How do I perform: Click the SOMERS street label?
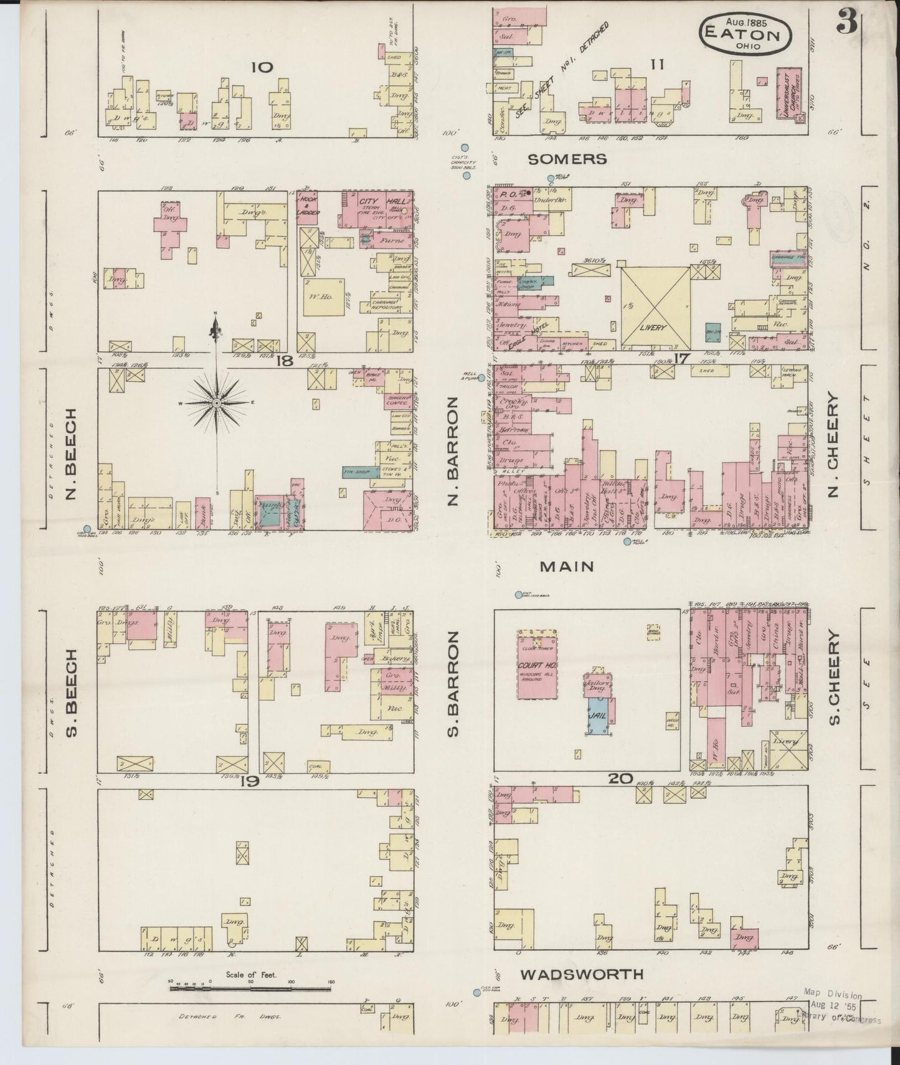point(567,159)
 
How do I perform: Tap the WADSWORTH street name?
point(582,974)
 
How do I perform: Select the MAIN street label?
point(567,567)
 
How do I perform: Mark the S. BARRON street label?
point(453,683)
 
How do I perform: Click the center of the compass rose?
point(216,404)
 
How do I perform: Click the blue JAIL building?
point(599,716)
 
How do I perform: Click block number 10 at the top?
point(262,67)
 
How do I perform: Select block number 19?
point(249,782)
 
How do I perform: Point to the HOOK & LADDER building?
point(308,206)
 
